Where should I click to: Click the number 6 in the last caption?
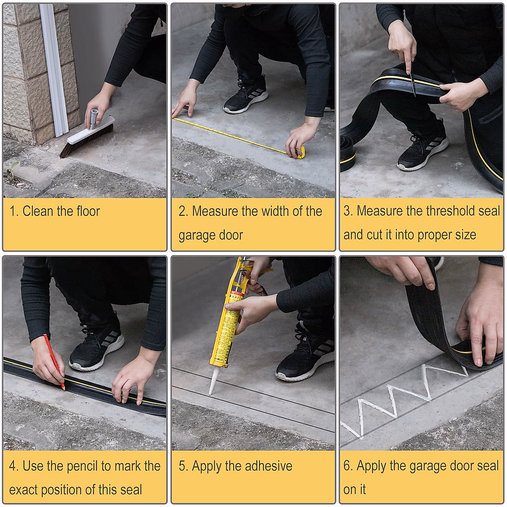(x=347, y=466)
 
